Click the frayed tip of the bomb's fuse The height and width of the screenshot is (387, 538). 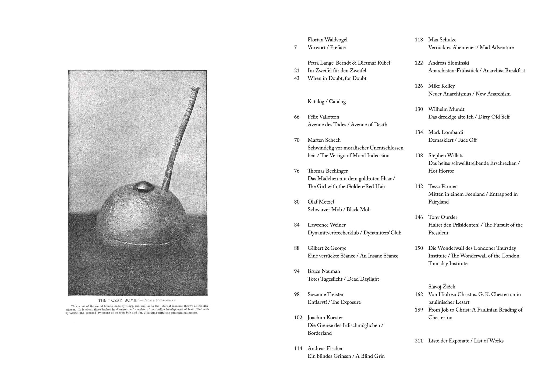pyautogui.click(x=196, y=88)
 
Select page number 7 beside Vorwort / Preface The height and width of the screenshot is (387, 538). pyautogui.click(x=295, y=47)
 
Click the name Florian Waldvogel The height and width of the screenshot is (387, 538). pyautogui.click(x=327, y=40)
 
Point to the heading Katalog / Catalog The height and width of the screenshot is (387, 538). pyautogui.click(x=327, y=102)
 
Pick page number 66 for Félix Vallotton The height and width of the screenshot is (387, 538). pyautogui.click(x=297, y=117)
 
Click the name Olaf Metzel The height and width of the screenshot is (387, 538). pyautogui.click(x=321, y=202)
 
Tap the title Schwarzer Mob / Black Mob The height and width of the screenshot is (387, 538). pyautogui.click(x=339, y=210)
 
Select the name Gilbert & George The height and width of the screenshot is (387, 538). pyautogui.click(x=327, y=248)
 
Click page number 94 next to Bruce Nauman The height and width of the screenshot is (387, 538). pyautogui.click(x=297, y=271)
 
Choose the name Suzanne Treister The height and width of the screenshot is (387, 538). pyautogui.click(x=325, y=294)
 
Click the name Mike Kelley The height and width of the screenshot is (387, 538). pyautogui.click(x=441, y=86)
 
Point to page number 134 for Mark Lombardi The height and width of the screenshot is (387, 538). pyautogui.click(x=419, y=132)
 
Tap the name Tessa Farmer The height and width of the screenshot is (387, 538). pyautogui.click(x=443, y=186)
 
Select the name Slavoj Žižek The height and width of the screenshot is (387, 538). pyautogui.click(x=442, y=287)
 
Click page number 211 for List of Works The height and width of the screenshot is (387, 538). pyautogui.click(x=419, y=341)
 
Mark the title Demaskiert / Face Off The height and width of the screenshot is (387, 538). pyautogui.click(x=452, y=140)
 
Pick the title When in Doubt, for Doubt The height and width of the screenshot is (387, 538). pyautogui.click(x=337, y=78)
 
